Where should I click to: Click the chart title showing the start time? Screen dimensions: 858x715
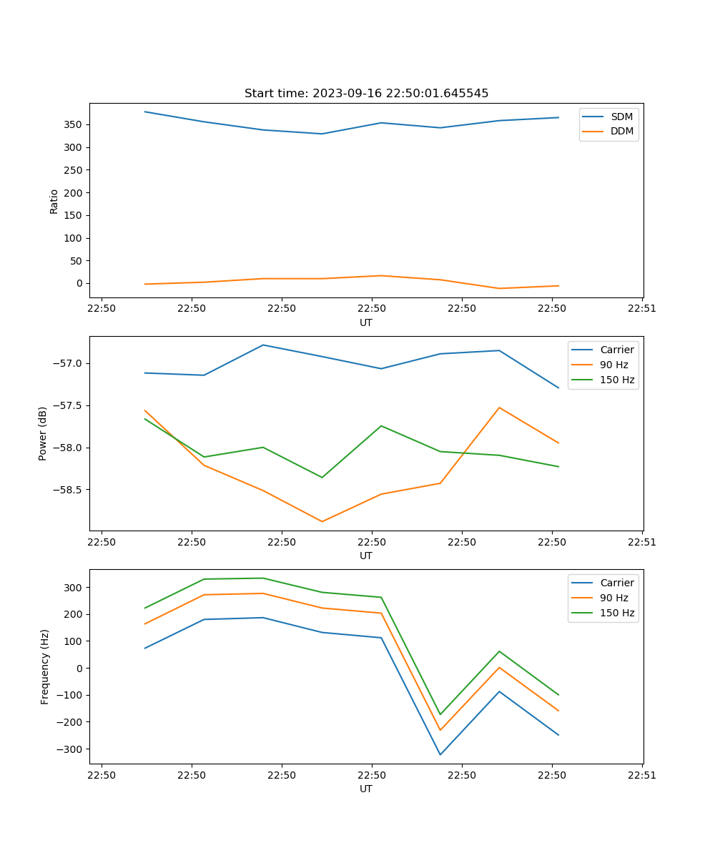[366, 94]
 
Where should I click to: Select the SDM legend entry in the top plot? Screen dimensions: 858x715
[621, 117]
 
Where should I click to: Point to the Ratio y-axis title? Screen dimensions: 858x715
[54, 201]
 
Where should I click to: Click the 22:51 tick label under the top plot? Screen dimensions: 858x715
[641, 309]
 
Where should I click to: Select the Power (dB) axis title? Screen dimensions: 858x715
[43, 433]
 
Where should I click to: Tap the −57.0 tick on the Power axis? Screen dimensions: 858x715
[68, 363]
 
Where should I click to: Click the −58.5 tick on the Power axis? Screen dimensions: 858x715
[68, 490]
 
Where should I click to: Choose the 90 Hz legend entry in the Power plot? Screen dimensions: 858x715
[613, 365]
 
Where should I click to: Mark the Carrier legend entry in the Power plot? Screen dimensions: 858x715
[616, 350]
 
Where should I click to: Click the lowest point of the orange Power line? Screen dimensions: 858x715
[322, 521]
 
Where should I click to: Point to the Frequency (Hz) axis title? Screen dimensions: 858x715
[45, 666]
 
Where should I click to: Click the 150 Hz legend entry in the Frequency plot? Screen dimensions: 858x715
[617, 613]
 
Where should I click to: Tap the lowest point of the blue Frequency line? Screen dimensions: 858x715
[440, 754]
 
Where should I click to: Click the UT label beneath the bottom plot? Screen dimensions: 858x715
[366, 789]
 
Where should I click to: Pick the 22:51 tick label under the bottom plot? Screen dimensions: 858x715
[641, 775]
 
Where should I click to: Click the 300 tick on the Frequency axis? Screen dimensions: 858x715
[72, 588]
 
